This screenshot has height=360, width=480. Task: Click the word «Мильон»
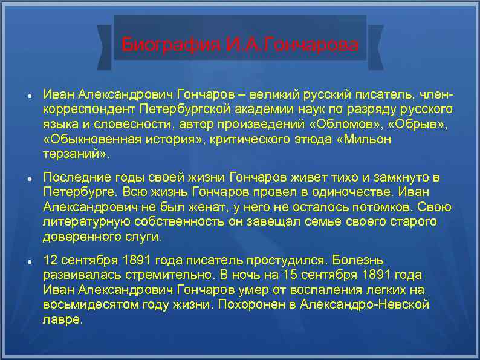pos(365,140)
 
